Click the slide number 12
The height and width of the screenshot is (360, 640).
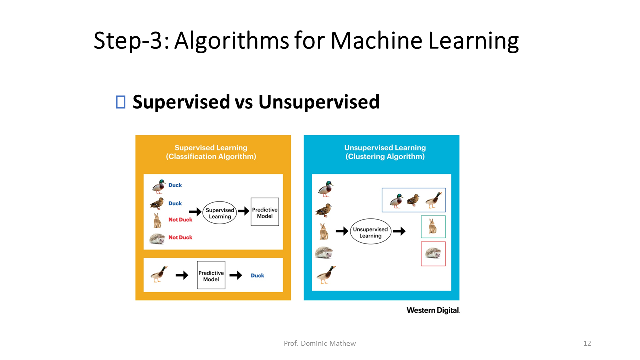[587, 343]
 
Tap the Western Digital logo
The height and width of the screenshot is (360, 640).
[433, 310]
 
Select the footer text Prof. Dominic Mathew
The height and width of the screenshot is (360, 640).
[320, 343]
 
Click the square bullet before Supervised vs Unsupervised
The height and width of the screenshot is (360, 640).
[120, 102]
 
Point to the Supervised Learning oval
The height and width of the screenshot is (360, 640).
[220, 213]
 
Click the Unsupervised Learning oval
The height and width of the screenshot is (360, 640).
[370, 232]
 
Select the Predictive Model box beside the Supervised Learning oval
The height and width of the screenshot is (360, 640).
[265, 213]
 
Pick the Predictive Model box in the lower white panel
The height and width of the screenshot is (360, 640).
[211, 275]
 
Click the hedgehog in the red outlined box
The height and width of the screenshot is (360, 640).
[433, 254]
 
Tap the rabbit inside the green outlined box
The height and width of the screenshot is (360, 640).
[433, 226]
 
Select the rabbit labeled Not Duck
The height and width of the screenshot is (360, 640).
[157, 220]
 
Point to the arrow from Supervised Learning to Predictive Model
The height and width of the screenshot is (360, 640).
[243, 211]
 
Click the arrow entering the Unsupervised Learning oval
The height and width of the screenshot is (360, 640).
[342, 231]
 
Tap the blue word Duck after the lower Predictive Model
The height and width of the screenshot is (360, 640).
[257, 275]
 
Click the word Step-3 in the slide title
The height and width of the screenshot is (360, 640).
[127, 41]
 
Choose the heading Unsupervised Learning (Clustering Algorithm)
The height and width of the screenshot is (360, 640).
[385, 152]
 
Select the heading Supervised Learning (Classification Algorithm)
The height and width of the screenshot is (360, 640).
[211, 152]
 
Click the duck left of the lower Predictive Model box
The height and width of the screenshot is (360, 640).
[159, 274]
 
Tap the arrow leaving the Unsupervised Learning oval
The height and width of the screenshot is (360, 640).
[399, 231]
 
